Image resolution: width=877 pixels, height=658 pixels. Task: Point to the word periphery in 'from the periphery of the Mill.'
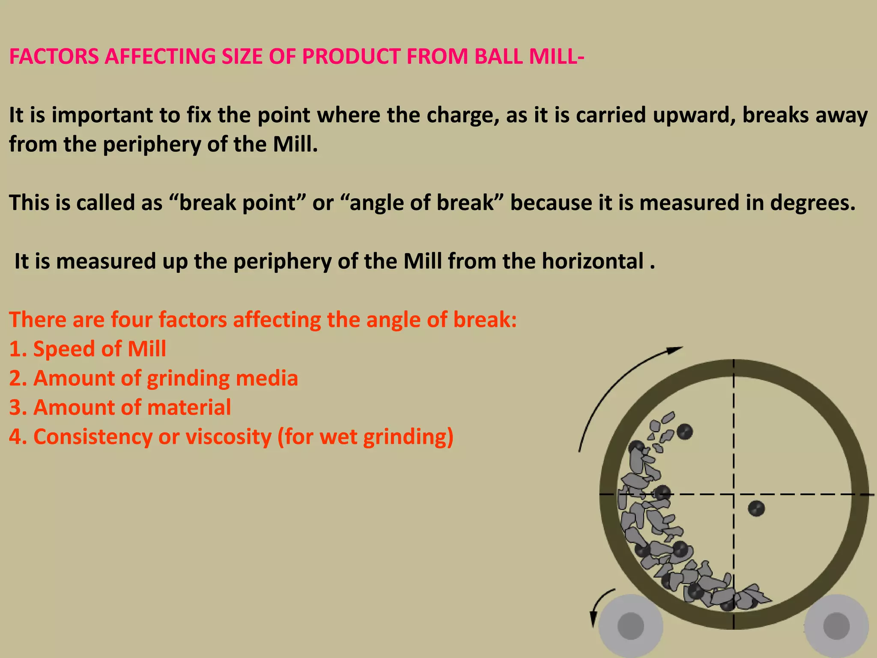tap(152, 145)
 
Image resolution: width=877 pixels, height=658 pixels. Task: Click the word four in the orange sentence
tap(131, 320)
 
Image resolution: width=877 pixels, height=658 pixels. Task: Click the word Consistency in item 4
tap(92, 437)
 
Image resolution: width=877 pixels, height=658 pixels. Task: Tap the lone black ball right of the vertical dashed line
tap(756, 508)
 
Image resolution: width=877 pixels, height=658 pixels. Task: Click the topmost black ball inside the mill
tap(684, 432)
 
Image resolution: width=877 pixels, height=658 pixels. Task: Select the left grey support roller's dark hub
tap(631, 626)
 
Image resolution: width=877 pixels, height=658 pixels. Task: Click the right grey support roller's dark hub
tap(836, 626)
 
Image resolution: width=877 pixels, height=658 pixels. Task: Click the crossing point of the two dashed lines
tap(734, 494)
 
